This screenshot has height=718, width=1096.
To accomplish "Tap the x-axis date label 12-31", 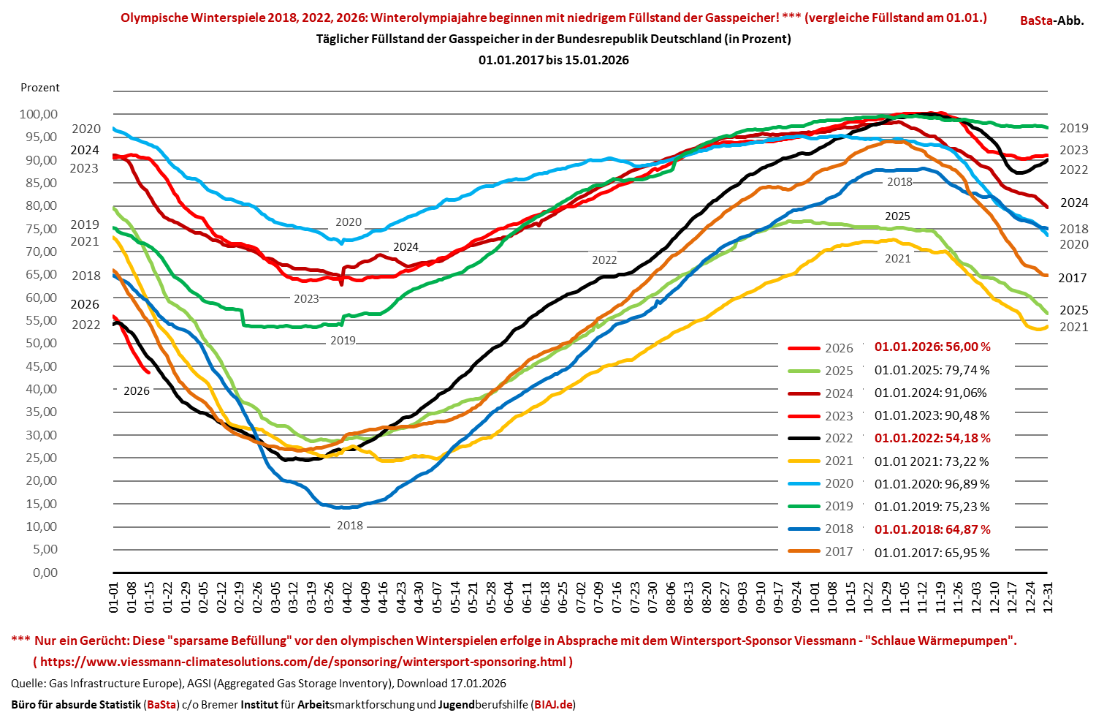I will tap(1048, 597).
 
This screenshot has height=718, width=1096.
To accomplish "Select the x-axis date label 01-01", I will tap(114, 597).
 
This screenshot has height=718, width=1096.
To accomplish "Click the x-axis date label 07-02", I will tap(581, 597).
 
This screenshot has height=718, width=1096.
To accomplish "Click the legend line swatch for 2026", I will tap(804, 348).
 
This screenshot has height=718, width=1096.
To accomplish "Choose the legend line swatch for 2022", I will tap(804, 438).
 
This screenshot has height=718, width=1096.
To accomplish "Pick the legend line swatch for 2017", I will tap(804, 551).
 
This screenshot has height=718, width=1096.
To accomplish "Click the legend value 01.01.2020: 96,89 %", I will tap(932, 484).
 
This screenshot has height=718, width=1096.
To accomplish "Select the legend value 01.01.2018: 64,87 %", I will tap(932, 529).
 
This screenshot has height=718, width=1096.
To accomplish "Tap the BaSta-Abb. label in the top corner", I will tap(1051, 20).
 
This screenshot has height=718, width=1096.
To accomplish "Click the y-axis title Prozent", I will tap(40, 88).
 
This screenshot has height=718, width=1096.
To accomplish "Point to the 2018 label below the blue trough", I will tap(349, 525).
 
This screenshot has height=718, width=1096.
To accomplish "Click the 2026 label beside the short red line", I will tap(137, 390).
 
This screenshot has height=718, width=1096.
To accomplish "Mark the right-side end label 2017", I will tap(1072, 278).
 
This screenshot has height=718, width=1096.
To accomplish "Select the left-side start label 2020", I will tap(86, 129).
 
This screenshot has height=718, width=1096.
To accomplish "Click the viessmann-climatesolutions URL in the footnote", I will tap(302, 662).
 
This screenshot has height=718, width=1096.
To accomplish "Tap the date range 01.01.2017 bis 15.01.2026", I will tap(553, 60).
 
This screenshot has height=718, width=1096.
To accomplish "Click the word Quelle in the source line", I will tap(27, 684).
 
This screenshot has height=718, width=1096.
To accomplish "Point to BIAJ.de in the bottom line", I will tap(553, 705).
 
